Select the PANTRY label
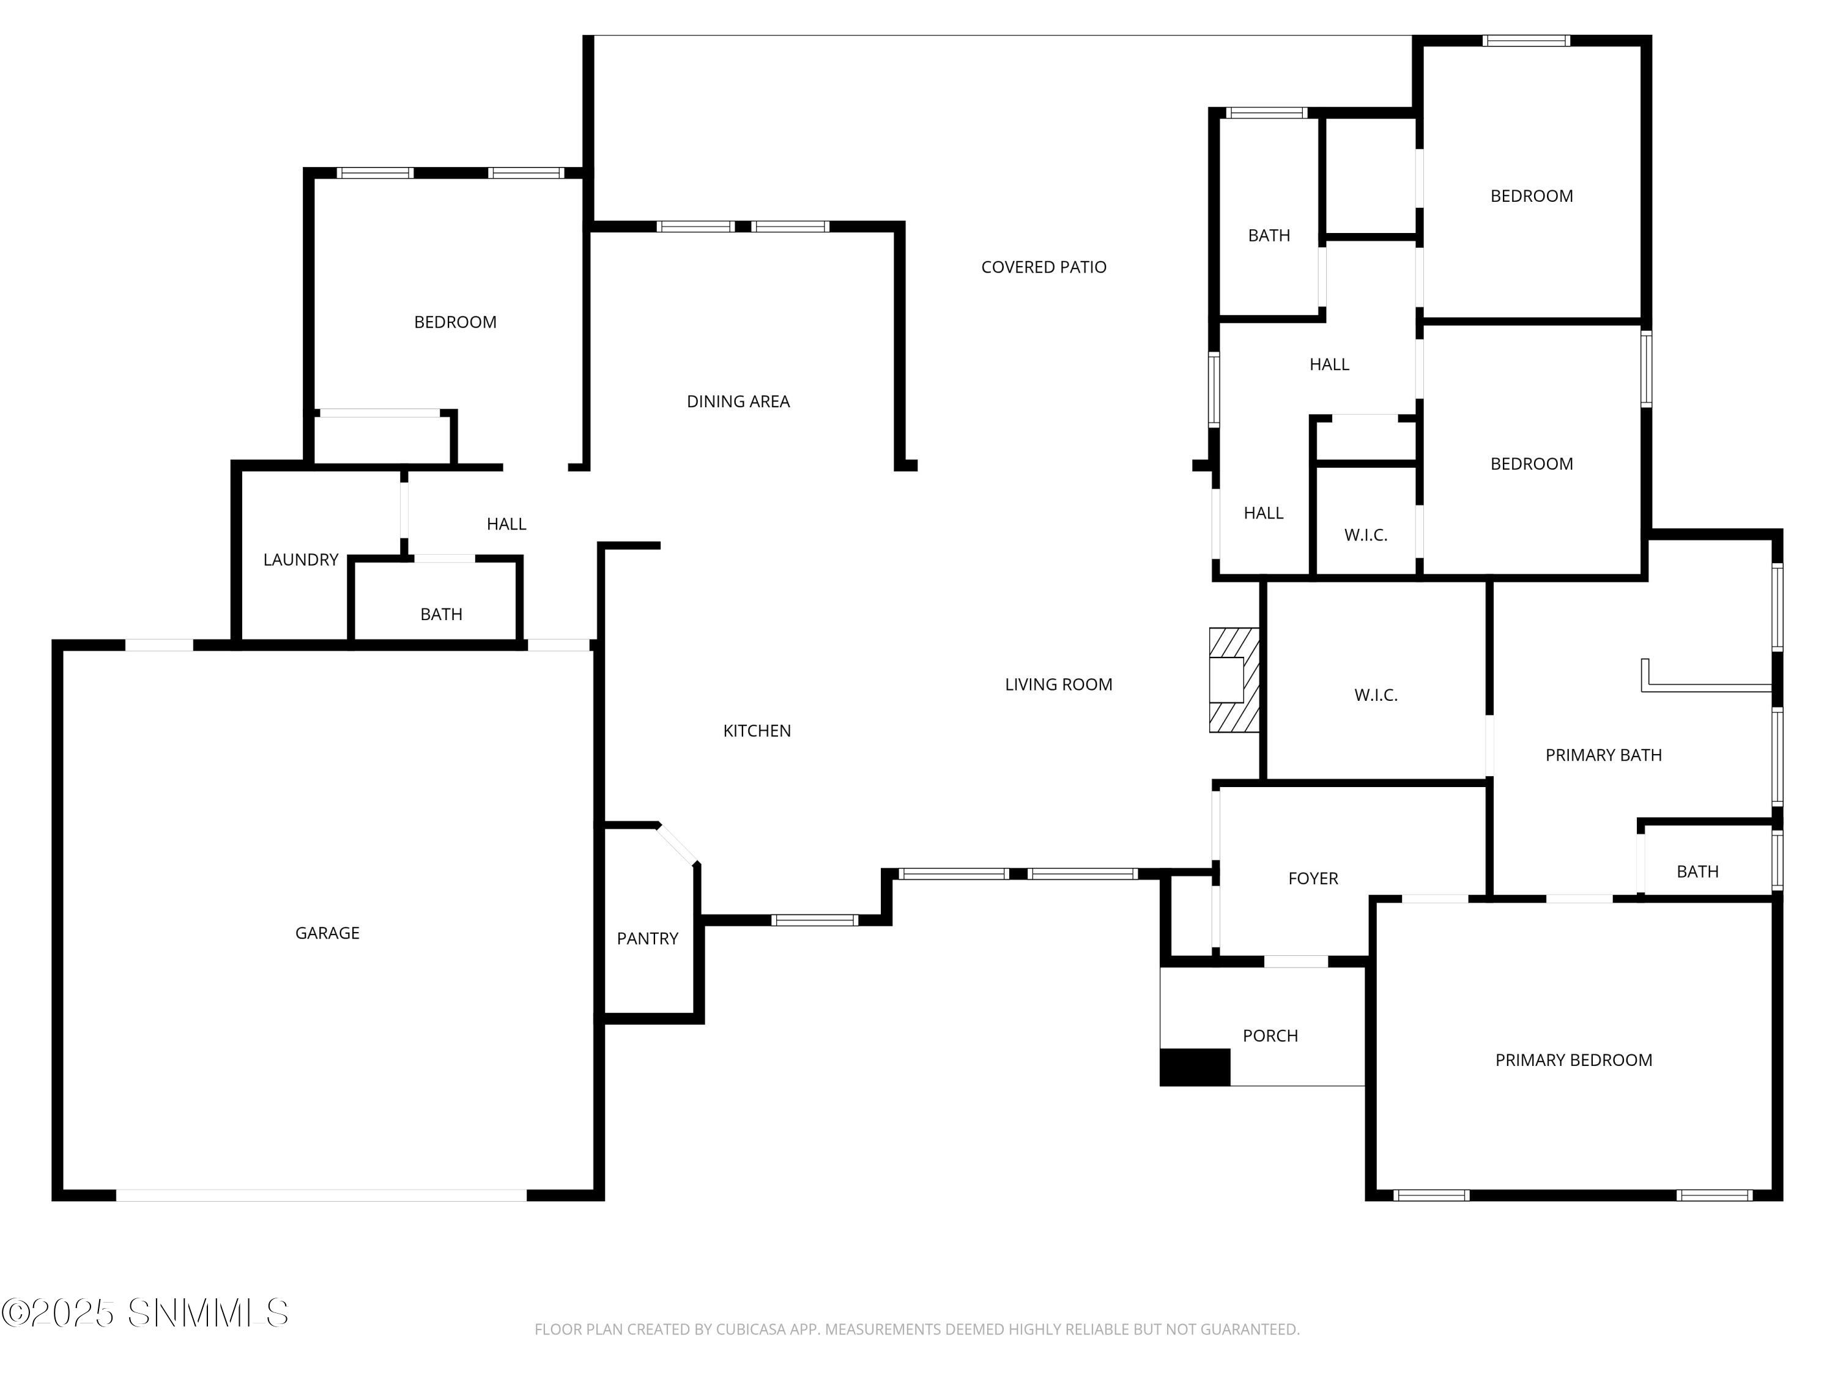pyautogui.click(x=647, y=938)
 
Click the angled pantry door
pyautogui.click(x=678, y=845)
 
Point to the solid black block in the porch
pyautogui.click(x=1195, y=1067)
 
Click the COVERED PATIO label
pyautogui.click(x=1043, y=267)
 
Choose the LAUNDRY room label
pyautogui.click(x=300, y=560)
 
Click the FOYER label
pyautogui.click(x=1313, y=878)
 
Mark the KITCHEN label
pyautogui.click(x=757, y=731)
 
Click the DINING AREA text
pyautogui.click(x=738, y=401)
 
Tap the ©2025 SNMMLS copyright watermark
pyautogui.click(x=145, y=1313)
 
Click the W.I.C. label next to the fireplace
pyautogui.click(x=1376, y=695)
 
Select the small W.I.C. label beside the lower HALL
pyautogui.click(x=1365, y=535)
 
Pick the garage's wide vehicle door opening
pyautogui.click(x=321, y=1195)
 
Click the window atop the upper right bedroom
pyautogui.click(x=1525, y=40)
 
